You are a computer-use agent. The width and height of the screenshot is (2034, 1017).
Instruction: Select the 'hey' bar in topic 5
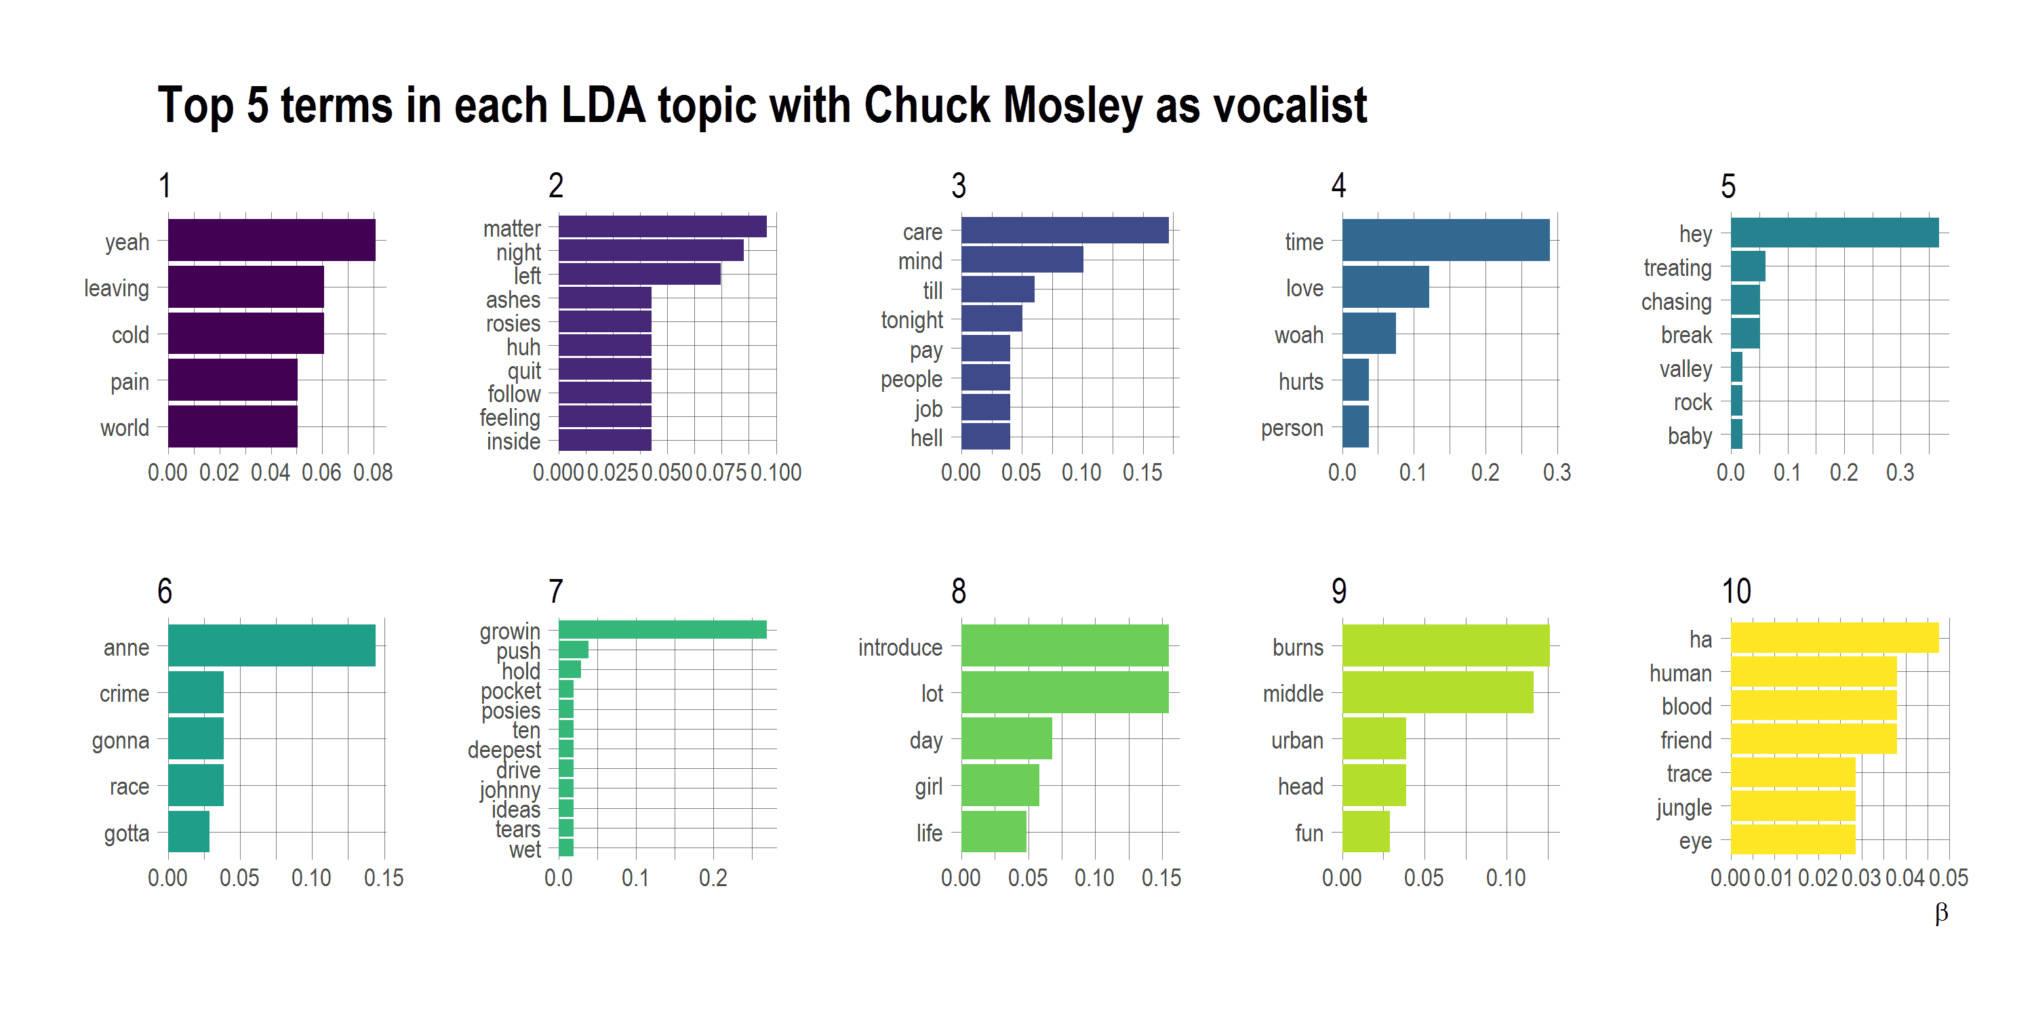point(1833,233)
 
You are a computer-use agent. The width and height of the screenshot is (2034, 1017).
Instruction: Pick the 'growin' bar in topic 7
point(662,629)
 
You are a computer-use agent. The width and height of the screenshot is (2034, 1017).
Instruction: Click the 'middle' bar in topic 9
point(1437,692)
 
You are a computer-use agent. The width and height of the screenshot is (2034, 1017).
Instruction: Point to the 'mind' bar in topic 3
point(1021,260)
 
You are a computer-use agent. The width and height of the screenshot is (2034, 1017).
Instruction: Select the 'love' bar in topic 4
point(1385,287)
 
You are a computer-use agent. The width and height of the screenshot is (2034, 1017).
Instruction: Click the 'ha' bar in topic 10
point(1833,638)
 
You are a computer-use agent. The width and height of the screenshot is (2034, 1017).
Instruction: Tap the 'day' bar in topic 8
point(1006,738)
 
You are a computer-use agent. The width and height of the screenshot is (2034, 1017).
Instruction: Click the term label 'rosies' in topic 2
point(513,323)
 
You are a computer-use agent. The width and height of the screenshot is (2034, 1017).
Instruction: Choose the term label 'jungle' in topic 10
point(1683,807)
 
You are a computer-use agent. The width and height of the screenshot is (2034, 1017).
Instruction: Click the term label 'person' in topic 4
point(1291,428)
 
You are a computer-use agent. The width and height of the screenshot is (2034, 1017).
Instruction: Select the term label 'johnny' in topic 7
point(509,791)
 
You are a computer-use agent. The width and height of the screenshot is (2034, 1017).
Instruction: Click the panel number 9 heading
point(1338,591)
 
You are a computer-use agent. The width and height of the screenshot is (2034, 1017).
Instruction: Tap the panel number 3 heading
point(958,186)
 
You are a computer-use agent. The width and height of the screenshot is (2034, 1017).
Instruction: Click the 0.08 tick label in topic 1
point(373,473)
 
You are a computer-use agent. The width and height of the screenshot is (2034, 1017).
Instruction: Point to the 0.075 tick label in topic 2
point(720,473)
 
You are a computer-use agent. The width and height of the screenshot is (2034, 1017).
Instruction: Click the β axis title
point(1941,913)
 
